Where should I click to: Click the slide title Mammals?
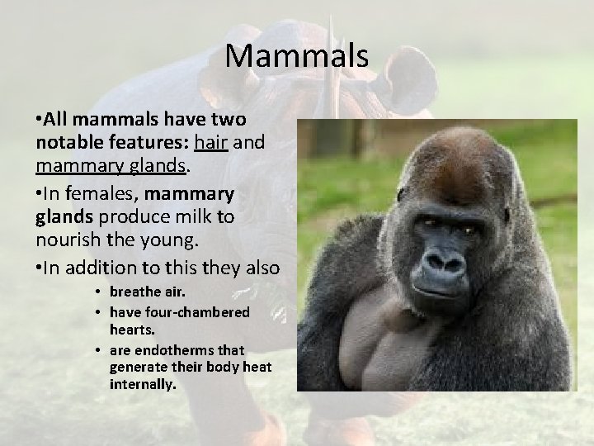(x=296, y=57)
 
